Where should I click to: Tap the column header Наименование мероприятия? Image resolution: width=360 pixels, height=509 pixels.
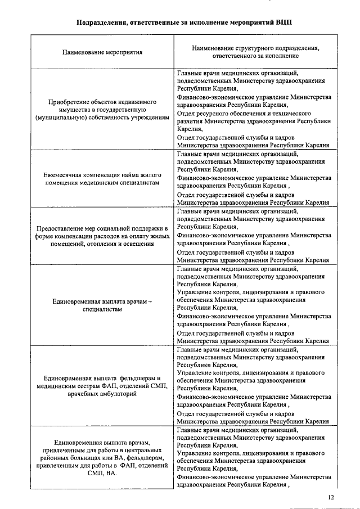tap(102, 52)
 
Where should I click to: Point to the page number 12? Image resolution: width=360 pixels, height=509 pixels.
tap(331, 497)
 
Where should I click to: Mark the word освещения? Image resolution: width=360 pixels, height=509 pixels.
tap(138, 245)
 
